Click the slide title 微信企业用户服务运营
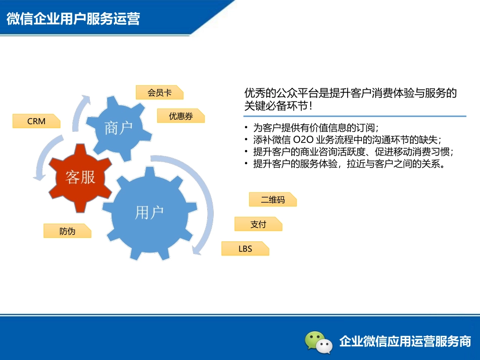pos(73,19)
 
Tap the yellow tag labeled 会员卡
pos(159,92)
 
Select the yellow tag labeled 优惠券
pos(181,116)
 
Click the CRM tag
pos(36,121)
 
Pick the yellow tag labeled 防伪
pos(67,231)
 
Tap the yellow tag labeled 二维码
pos(273,199)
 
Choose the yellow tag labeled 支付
pos(258,224)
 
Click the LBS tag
pos(245,248)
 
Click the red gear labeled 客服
pos(80,177)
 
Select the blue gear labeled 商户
pos(119,128)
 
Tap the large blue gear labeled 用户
pos(149,213)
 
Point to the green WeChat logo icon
pos(319,341)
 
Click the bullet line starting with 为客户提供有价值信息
pos(315,127)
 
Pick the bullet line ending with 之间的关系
pos(348,164)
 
